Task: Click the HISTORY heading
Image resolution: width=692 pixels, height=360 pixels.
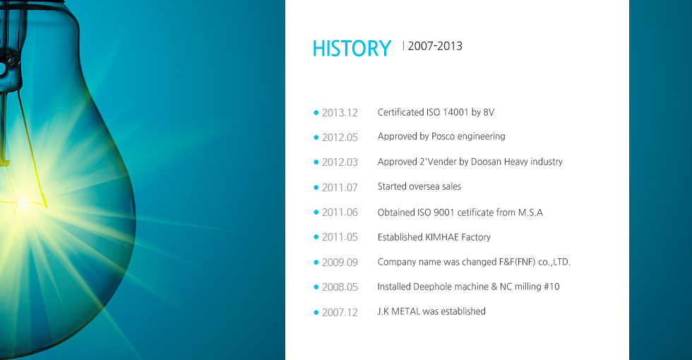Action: [352, 48]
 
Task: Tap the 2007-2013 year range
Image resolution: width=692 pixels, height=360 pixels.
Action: [435, 46]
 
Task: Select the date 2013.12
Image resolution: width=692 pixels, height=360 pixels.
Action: [340, 113]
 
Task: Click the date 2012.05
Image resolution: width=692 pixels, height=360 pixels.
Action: [340, 138]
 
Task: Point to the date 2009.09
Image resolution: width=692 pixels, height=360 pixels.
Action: [340, 263]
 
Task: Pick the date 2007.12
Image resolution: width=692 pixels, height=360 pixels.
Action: [340, 312]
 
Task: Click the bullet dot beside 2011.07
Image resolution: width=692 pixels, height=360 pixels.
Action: [316, 188]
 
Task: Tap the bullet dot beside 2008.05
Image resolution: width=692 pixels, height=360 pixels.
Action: [316, 287]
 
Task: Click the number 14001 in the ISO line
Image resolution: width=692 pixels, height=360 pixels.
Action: [455, 112]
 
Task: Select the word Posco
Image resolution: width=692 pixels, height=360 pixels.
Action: [443, 136]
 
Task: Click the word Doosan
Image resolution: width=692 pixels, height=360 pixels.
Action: [486, 162]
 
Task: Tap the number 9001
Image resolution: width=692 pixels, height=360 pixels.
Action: [444, 212]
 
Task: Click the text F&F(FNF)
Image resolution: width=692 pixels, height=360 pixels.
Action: [517, 262]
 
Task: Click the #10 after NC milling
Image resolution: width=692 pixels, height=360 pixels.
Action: [551, 287]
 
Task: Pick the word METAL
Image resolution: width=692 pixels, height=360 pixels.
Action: [406, 311]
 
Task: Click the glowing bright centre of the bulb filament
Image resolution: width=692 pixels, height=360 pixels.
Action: [22, 204]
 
